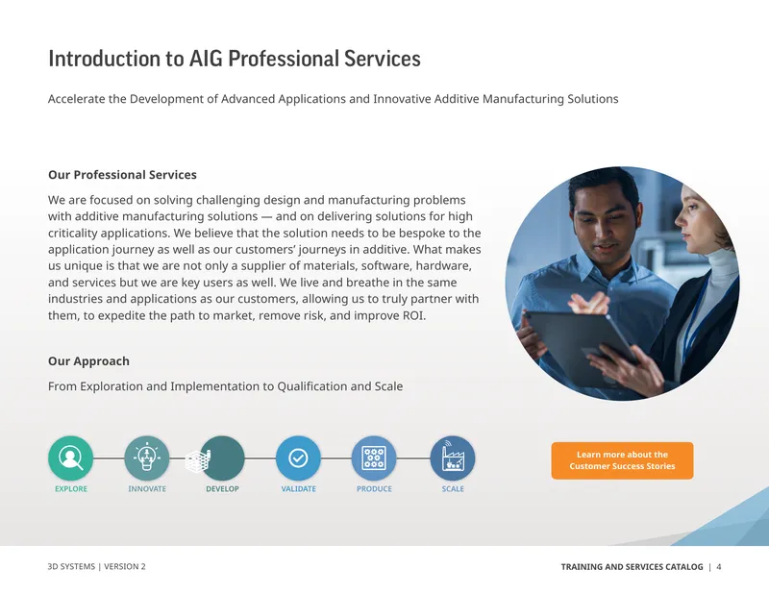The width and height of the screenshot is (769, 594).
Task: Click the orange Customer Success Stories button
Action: coord(622,460)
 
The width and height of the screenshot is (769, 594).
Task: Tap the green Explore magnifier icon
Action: coord(70,458)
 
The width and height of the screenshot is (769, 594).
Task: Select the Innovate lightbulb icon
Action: coord(147,458)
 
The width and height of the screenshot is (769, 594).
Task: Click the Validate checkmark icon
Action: coord(298,458)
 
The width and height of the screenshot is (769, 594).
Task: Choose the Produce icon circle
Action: coord(374,458)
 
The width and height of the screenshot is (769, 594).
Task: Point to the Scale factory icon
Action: coord(452,458)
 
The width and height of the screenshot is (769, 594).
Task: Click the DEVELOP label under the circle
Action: coord(222,489)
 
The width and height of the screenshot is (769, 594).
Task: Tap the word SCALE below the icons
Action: coord(453,489)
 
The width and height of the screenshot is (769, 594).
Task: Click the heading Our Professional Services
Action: coord(122,175)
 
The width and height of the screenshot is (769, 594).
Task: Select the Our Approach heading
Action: coord(88,361)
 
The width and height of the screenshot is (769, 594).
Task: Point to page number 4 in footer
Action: coord(719,567)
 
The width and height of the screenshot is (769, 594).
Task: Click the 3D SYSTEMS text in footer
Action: coord(71,566)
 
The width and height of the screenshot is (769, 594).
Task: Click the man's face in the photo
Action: coord(607,223)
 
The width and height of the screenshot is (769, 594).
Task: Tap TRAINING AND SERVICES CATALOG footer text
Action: coord(632,567)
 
